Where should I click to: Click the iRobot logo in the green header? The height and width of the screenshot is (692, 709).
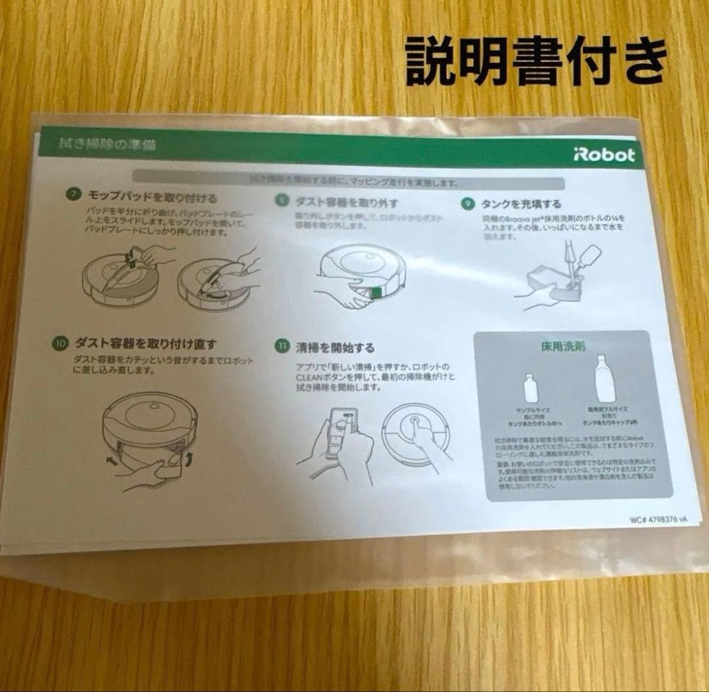(603, 155)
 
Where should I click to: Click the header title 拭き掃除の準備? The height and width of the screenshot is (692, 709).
(106, 144)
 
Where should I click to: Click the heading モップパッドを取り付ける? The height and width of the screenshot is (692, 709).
(153, 196)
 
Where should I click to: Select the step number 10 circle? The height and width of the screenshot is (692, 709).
(59, 343)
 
